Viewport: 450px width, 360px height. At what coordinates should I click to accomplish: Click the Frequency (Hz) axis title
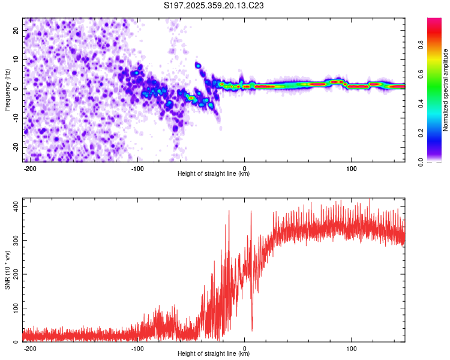pos(7,89)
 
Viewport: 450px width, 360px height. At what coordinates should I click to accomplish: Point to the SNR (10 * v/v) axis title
pos(7,271)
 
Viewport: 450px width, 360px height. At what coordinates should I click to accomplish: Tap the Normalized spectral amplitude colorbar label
pos(446,89)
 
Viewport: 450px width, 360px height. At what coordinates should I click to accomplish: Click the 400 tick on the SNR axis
pos(14,206)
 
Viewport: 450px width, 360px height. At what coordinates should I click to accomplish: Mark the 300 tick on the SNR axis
pos(14,240)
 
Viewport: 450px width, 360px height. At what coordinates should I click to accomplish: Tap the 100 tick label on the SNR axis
pos(14,308)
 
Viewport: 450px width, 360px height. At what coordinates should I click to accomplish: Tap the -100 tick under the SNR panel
pos(137,347)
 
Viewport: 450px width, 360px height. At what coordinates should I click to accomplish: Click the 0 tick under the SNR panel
pos(244,347)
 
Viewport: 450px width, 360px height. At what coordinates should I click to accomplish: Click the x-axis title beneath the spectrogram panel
pos(214,174)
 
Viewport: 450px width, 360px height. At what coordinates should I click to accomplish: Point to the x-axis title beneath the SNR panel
pos(214,354)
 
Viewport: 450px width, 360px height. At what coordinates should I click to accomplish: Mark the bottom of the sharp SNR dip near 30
pos(252,330)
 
